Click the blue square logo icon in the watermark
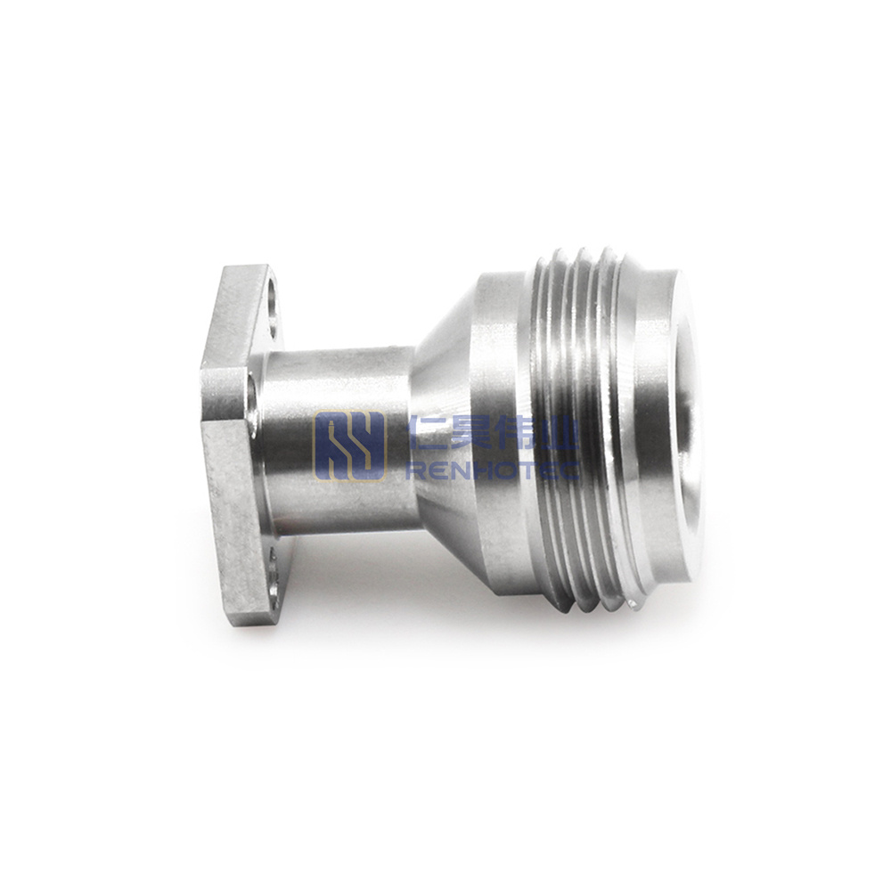point(349,445)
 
